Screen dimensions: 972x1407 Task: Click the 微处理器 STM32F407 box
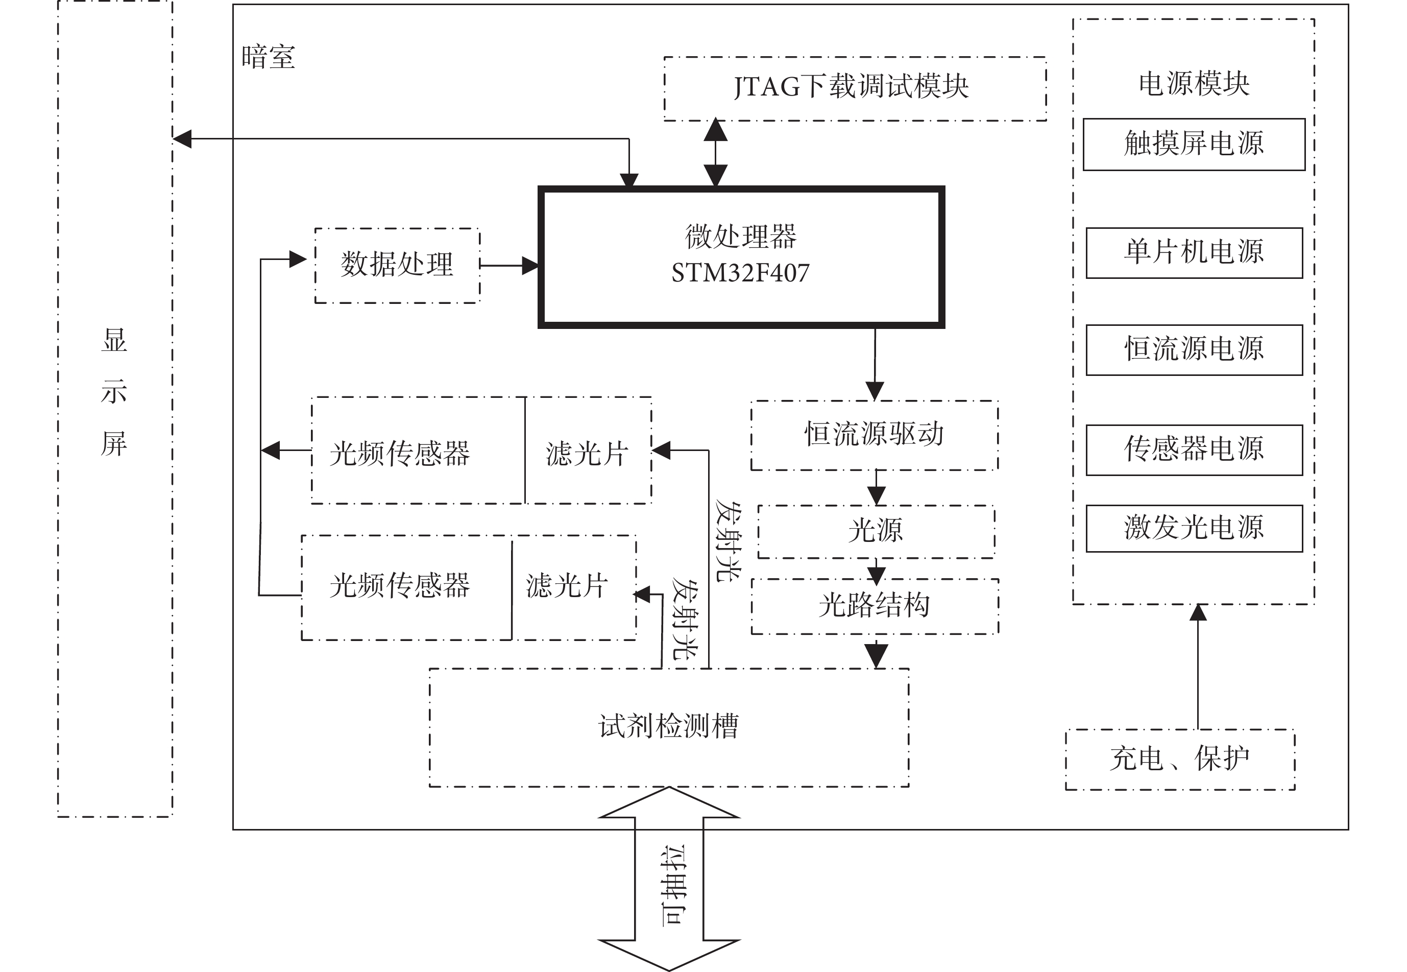(x=741, y=256)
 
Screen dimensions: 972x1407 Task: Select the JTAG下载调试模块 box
(x=855, y=89)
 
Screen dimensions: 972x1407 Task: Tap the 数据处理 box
(x=397, y=265)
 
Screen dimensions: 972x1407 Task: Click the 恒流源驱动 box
(x=875, y=435)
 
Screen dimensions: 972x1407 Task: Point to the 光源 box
(x=876, y=531)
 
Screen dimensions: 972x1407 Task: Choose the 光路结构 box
(x=875, y=606)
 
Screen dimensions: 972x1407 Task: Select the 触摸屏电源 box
(x=1194, y=145)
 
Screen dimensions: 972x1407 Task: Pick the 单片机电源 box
(x=1194, y=253)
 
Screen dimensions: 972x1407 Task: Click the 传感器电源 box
(x=1194, y=449)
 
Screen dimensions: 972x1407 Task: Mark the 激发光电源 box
(x=1194, y=528)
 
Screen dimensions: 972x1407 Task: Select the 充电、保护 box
(x=1179, y=760)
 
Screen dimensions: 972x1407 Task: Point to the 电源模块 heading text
(x=1194, y=83)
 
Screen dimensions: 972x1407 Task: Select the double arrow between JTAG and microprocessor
(x=716, y=152)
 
